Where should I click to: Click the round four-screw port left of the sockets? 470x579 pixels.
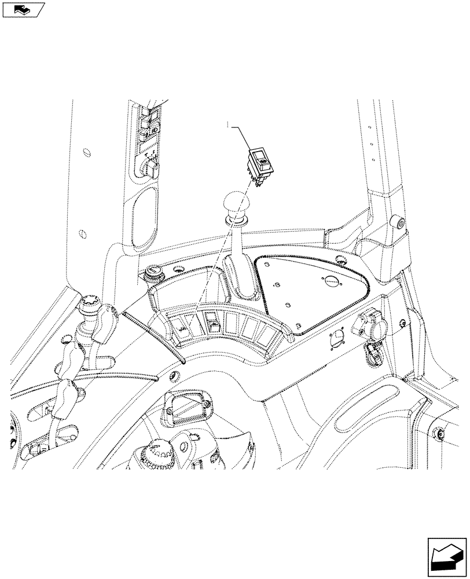click(x=336, y=341)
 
